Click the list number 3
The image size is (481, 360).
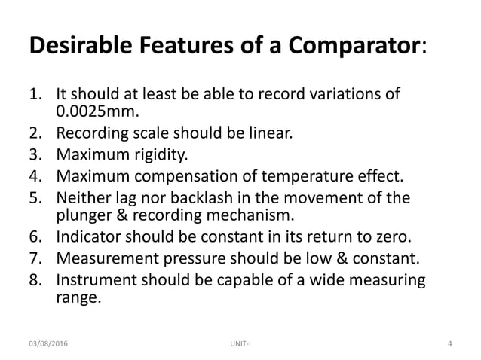click(33, 156)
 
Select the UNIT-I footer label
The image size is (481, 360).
click(240, 344)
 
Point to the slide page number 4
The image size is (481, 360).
click(449, 344)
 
